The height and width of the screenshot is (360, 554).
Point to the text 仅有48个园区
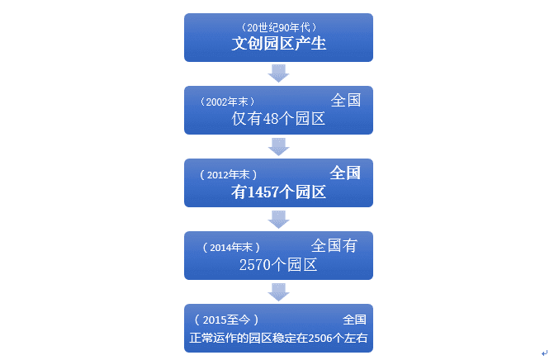(279, 119)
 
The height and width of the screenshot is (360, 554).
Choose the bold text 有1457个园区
(279, 192)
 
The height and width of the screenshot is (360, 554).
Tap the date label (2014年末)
(231, 247)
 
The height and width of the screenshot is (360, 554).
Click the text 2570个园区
(279, 265)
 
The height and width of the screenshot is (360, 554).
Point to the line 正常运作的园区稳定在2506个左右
(278, 338)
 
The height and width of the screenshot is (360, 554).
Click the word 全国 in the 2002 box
(346, 101)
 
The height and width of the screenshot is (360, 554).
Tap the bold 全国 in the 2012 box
(346, 173)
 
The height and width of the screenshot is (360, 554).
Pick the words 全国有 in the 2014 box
(334, 246)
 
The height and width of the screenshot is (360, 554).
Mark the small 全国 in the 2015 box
(354, 320)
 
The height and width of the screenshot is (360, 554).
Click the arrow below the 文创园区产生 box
(279, 73)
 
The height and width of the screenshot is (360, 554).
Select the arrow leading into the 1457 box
(279, 146)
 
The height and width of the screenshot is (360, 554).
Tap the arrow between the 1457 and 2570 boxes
(279, 219)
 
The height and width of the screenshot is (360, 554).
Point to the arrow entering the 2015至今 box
(279, 291)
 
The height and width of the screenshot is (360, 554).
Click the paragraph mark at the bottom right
(544, 353)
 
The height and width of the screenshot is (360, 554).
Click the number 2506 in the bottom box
(318, 338)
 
